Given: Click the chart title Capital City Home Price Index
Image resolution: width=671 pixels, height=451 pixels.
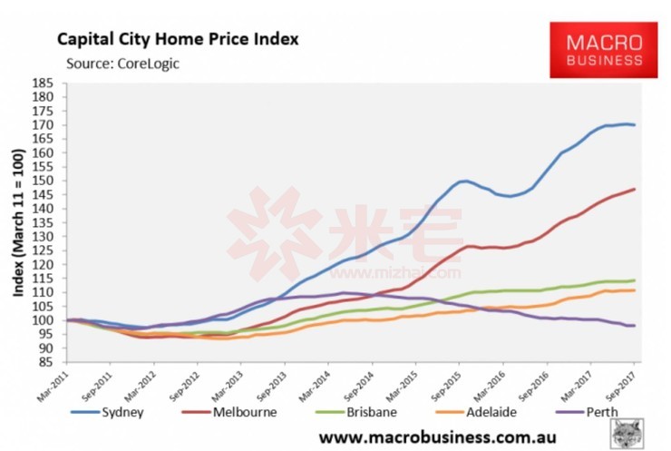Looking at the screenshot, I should pyautogui.click(x=178, y=39).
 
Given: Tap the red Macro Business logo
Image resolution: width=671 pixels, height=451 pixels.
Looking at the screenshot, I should pyautogui.click(x=603, y=50).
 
